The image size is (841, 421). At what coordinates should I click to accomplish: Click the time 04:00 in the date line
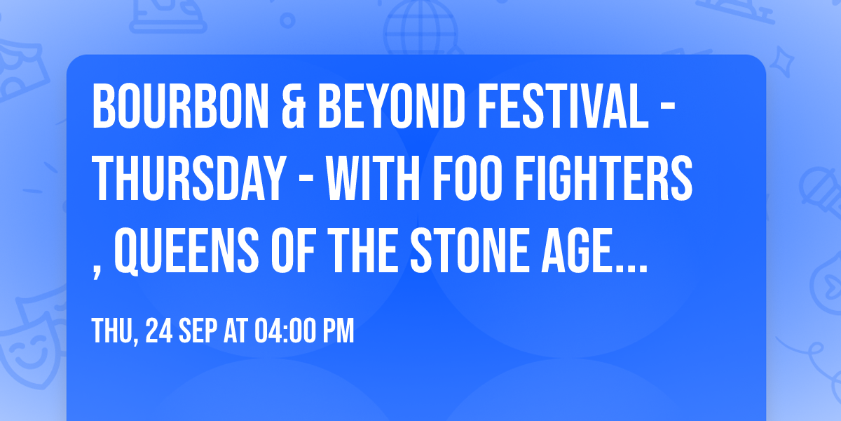[x=282, y=331]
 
